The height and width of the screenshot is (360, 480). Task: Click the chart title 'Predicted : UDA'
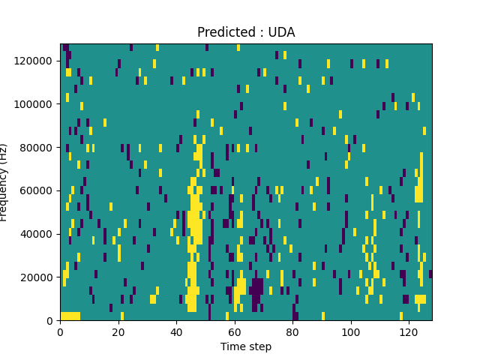[x=246, y=32]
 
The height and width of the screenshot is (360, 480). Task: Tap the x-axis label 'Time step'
[x=246, y=346]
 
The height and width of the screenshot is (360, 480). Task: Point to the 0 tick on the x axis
[x=60, y=331]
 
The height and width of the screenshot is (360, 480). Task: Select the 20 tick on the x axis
[x=118, y=331]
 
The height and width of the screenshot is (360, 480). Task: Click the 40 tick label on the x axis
[x=176, y=331]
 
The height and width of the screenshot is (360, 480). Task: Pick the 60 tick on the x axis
[x=234, y=331]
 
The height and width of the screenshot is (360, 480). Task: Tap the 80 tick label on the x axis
[x=292, y=331]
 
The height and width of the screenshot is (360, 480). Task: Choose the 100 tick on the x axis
[x=350, y=331]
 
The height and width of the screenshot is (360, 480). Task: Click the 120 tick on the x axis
[x=408, y=331]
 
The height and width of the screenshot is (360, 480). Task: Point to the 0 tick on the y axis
[x=49, y=321]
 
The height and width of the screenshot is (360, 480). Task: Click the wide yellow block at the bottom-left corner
[x=70, y=316]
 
